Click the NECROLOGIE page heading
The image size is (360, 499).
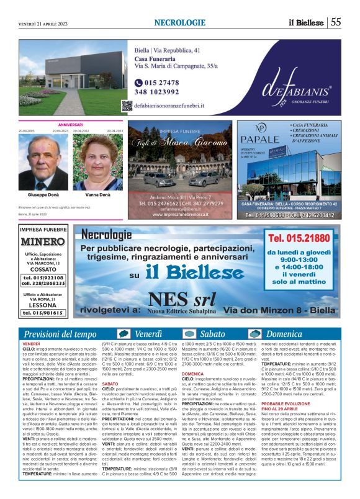click(x=179, y=22)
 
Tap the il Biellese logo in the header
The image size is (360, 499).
click(x=305, y=22)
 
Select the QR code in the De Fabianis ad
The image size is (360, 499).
click(x=127, y=106)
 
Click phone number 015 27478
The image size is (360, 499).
click(x=152, y=83)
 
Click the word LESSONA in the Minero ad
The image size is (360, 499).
click(x=42, y=305)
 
